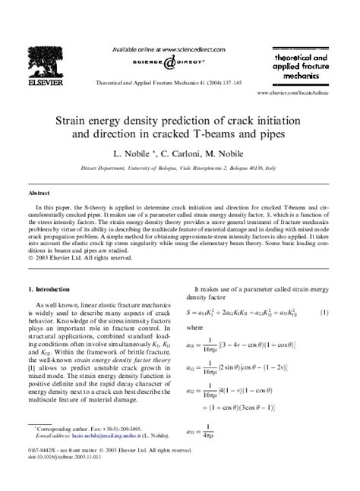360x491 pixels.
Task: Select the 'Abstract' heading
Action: [x=38, y=193]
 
